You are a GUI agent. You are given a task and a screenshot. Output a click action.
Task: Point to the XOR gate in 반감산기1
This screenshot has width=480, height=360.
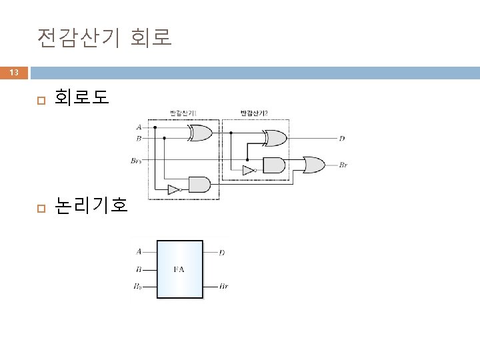200,133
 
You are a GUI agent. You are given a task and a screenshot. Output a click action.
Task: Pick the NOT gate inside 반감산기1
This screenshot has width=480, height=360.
174,189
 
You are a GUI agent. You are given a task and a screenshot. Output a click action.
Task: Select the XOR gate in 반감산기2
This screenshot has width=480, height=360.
275,138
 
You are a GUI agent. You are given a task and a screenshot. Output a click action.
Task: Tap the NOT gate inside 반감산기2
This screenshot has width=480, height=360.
249,171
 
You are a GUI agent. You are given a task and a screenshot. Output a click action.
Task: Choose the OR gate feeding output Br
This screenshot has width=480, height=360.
313,164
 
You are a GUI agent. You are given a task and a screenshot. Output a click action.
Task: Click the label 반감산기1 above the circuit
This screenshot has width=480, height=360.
182,113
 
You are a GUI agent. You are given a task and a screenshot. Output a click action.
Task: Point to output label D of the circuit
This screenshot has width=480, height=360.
342,139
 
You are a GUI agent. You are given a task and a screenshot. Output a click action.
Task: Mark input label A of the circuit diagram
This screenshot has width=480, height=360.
139,127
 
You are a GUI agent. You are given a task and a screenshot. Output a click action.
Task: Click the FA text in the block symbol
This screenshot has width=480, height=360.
179,269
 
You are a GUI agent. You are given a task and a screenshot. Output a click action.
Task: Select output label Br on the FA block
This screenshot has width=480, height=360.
224,287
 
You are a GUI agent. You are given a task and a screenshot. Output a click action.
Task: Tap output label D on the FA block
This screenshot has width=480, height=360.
222,253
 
